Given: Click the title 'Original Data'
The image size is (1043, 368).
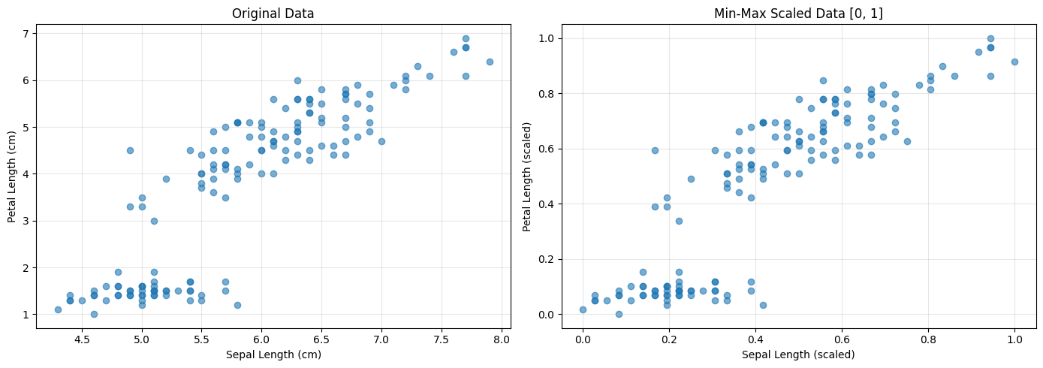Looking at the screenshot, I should click(273, 14).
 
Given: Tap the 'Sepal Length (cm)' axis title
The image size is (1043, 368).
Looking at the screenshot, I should click(273, 354).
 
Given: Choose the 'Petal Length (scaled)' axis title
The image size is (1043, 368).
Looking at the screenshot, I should click(528, 176).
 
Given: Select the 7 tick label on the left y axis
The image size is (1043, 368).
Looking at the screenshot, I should click(26, 34).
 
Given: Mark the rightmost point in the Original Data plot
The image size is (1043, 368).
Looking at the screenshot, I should click(490, 62).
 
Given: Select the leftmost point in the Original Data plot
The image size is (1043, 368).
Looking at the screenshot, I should click(58, 309).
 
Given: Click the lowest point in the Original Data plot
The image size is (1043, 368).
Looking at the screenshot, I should click(94, 314).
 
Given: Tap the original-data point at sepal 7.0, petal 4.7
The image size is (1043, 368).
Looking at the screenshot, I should click(381, 141).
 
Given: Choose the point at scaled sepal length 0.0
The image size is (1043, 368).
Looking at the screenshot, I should click(583, 309).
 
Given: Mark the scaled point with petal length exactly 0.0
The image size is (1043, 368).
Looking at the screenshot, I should click(619, 314).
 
